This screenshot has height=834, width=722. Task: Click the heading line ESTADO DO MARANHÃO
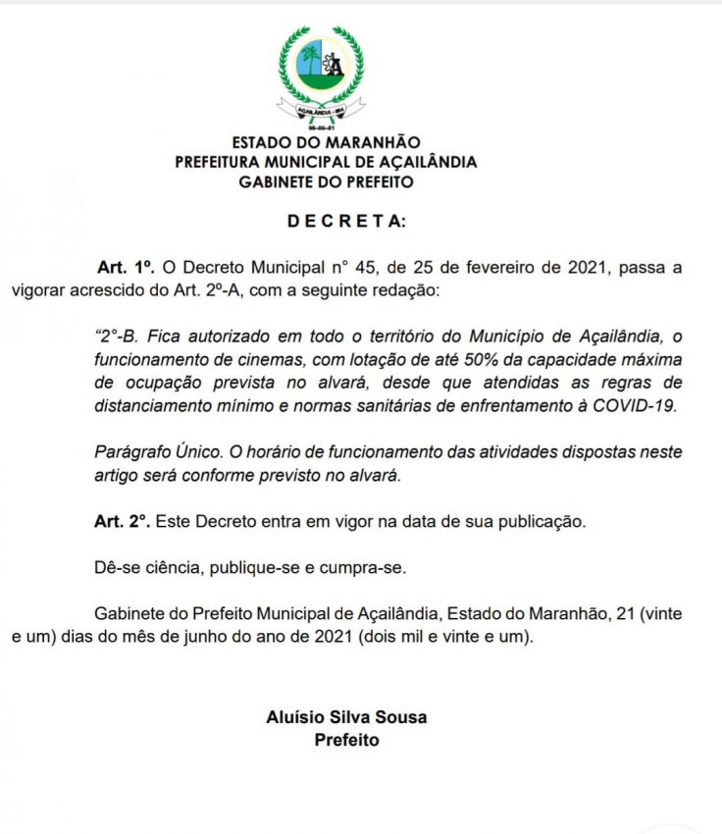pyautogui.click(x=326, y=143)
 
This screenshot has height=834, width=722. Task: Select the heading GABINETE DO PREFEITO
pyautogui.click(x=326, y=182)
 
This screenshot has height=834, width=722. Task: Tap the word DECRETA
pyautogui.click(x=345, y=221)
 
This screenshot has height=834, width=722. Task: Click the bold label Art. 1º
pyautogui.click(x=127, y=267)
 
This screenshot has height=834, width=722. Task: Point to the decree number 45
pyautogui.click(x=352, y=267)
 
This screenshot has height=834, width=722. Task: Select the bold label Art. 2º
pyautogui.click(x=123, y=521)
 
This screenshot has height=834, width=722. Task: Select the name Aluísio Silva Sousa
pyautogui.click(x=346, y=717)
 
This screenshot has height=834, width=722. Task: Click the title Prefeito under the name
pyautogui.click(x=346, y=740)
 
